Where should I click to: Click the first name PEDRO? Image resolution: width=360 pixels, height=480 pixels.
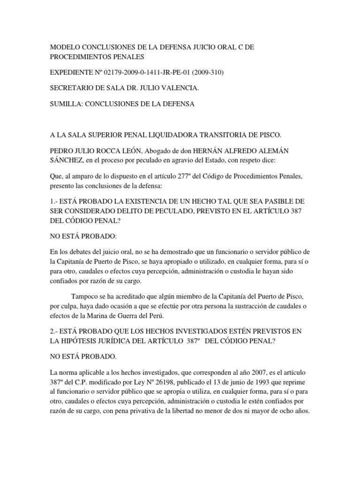point(62,151)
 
